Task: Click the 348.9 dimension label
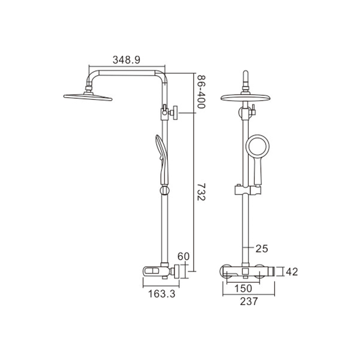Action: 126,60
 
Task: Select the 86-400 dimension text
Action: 201,92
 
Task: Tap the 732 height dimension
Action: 201,192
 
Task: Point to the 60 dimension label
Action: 184,256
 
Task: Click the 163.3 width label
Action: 162,294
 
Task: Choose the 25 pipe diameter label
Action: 262,248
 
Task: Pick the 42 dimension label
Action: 292,272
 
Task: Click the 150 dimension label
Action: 243,288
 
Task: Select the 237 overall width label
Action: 249,301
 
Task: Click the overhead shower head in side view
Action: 88,97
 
